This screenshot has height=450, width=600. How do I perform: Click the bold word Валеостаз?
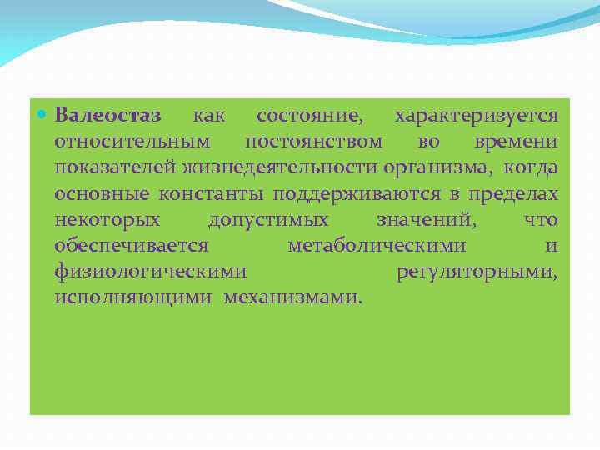pos(108,114)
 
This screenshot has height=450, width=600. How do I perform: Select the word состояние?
pos(309,114)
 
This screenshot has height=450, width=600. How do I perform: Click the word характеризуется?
pos(477,114)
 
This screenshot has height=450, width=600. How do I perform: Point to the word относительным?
pos(132,141)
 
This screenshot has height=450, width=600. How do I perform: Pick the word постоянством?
pos(314,141)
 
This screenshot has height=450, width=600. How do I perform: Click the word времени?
pos(517,141)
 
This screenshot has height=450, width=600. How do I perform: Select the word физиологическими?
pos(151,272)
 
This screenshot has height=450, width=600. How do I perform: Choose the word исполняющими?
pos(133,297)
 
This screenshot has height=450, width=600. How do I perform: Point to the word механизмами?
pos(292,297)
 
